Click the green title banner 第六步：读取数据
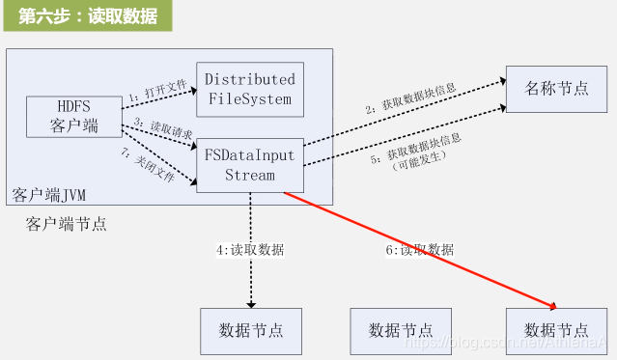88,16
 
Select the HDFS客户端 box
71,116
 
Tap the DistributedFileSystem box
250,89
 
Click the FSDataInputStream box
250,164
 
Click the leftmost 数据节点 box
250,330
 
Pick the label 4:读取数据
250,249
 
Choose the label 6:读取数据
421,249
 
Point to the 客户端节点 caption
67,225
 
